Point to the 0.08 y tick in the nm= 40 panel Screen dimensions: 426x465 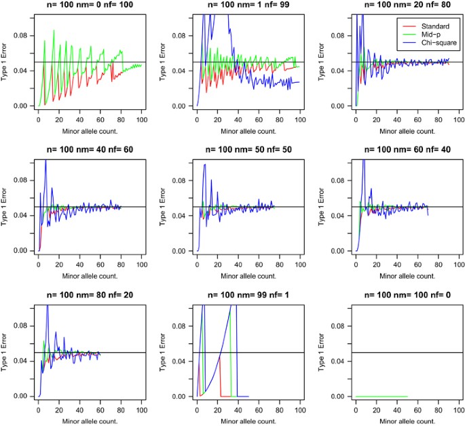[22, 180]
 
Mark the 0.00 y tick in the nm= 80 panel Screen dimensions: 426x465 [22, 396]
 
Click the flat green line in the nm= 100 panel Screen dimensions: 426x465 [381, 396]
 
